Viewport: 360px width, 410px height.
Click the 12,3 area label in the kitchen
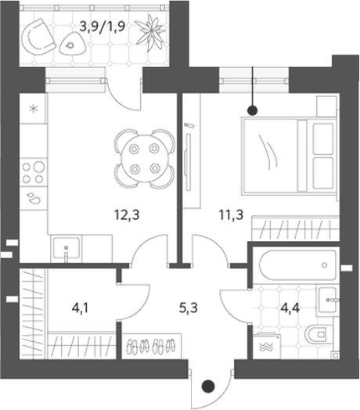pyautogui.click(x=127, y=215)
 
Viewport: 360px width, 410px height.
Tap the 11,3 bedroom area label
pyautogui.click(x=231, y=215)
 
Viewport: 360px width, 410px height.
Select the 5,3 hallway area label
pyautogui.click(x=189, y=307)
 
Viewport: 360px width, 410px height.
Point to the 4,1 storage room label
pyautogui.click(x=81, y=308)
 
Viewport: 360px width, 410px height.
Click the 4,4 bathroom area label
pyautogui.click(x=290, y=308)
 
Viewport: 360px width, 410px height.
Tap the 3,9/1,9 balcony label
pyautogui.click(x=102, y=27)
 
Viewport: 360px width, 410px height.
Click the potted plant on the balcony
pyautogui.click(x=151, y=33)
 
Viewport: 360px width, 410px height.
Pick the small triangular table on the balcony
pyautogui.click(x=72, y=44)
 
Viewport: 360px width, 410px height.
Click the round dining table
pyautogui.click(x=145, y=159)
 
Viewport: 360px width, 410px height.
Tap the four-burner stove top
pyautogui.click(x=33, y=172)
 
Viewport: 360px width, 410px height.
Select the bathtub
pyautogui.click(x=297, y=265)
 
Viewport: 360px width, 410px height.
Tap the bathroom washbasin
pyautogui.click(x=327, y=300)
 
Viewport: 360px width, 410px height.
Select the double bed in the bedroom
pyautogui.click(x=290, y=156)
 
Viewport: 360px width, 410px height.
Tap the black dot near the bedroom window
pyautogui.click(x=253, y=110)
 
